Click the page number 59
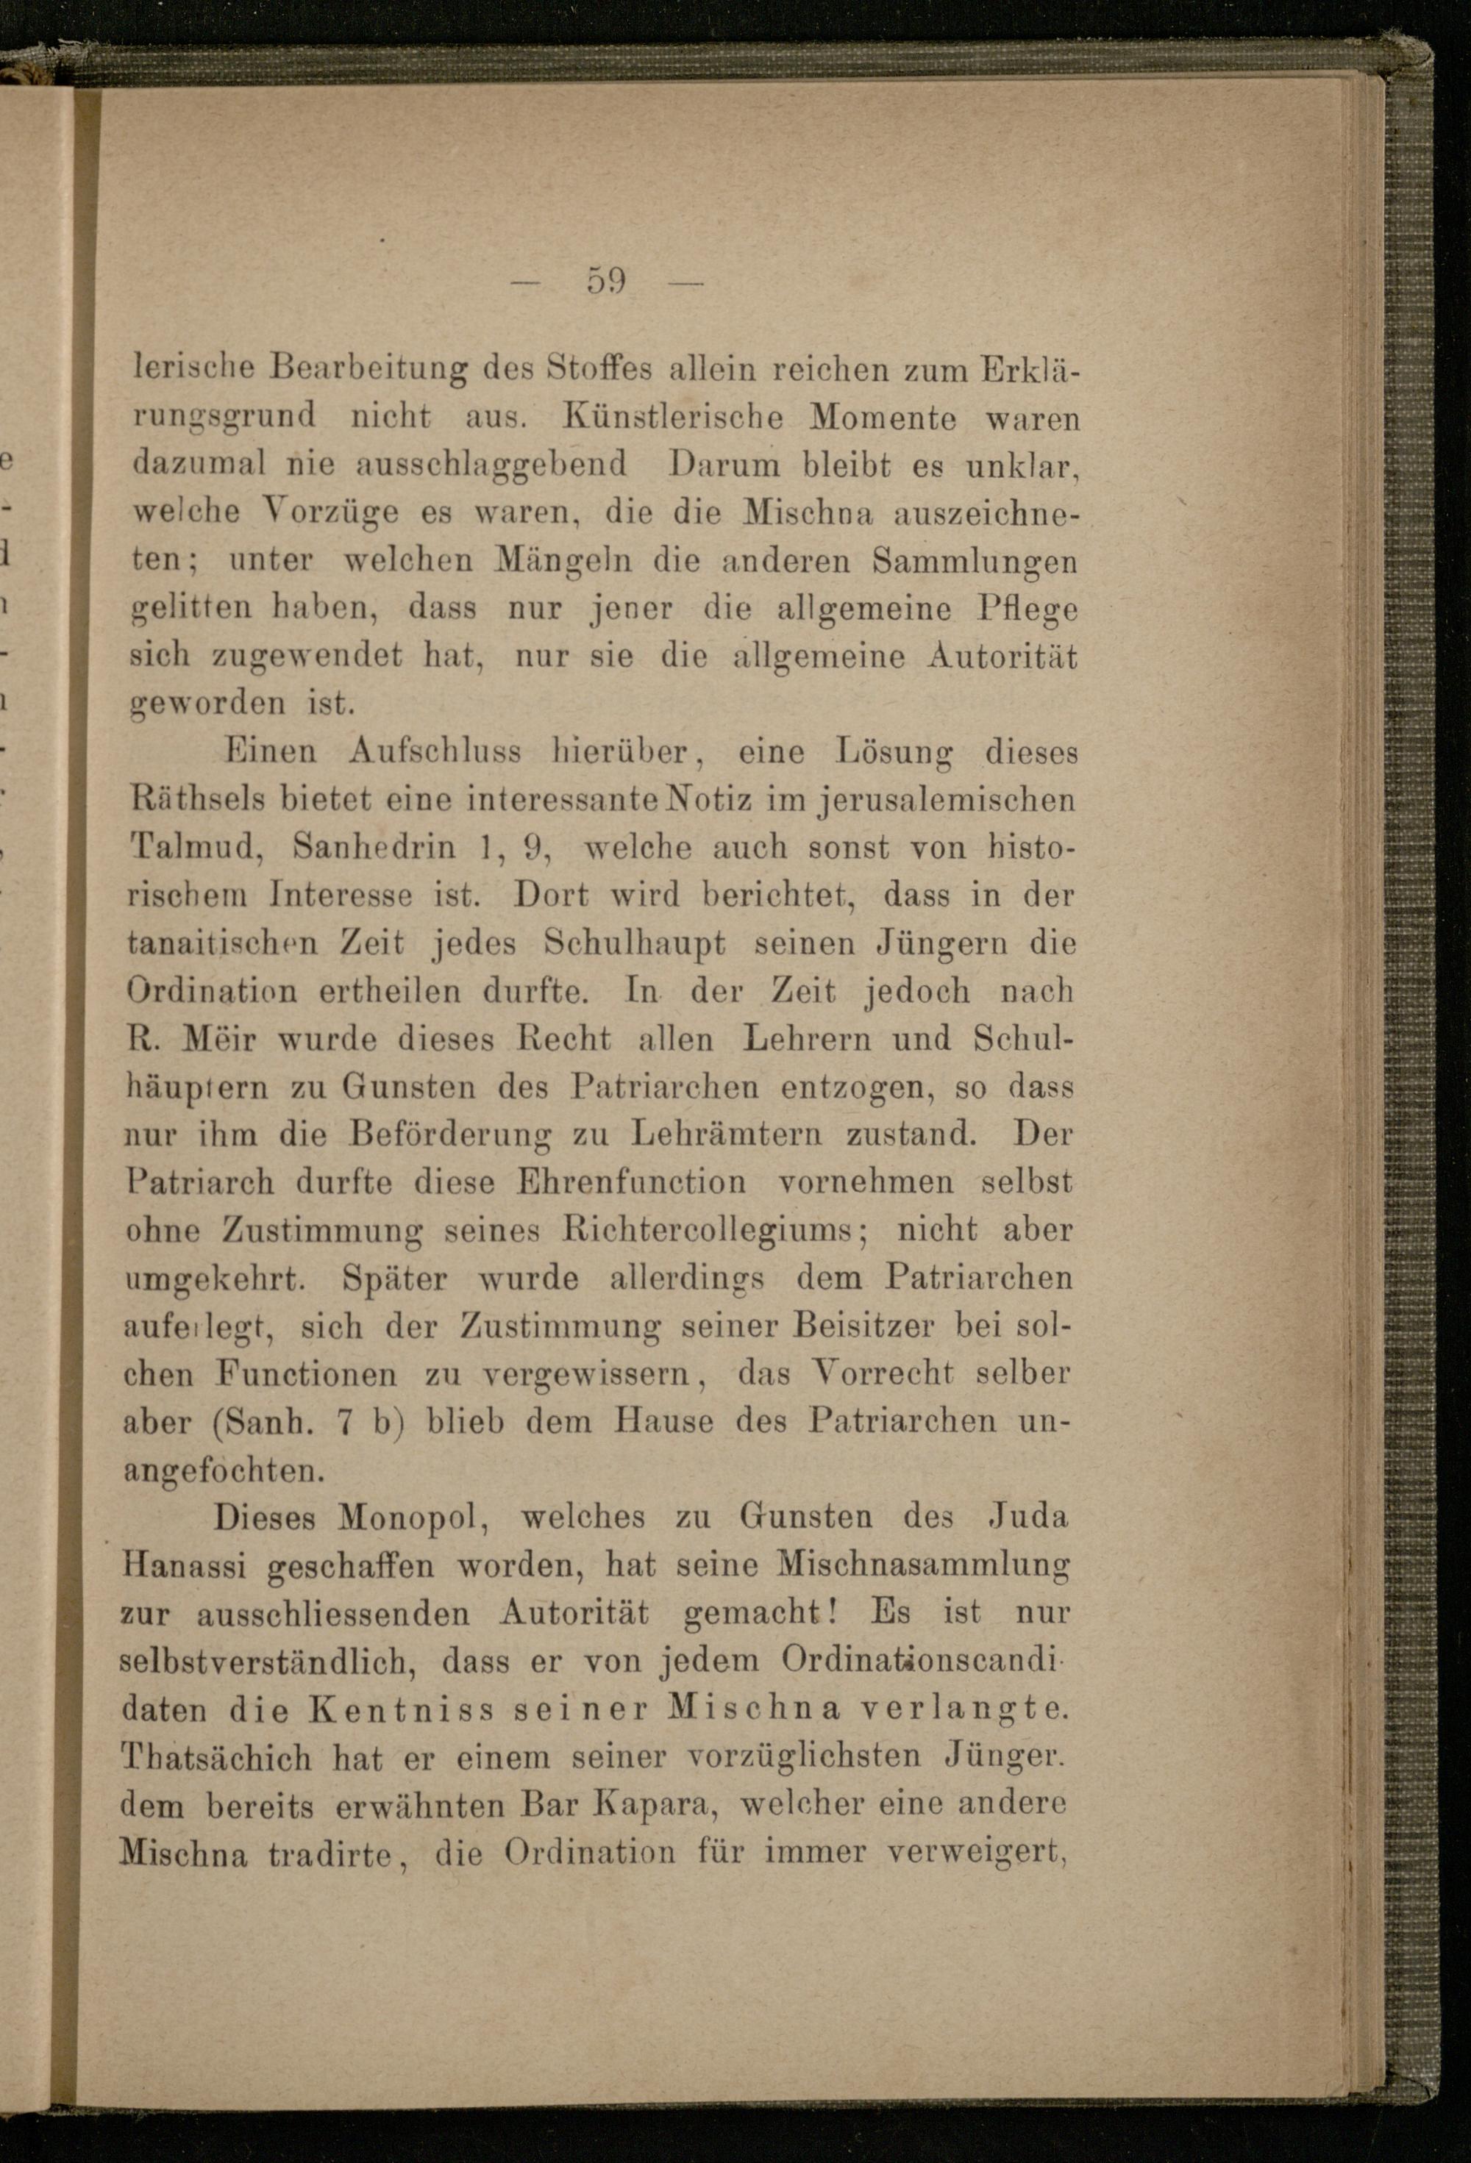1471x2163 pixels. point(606,280)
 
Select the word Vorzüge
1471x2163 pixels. point(318,513)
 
